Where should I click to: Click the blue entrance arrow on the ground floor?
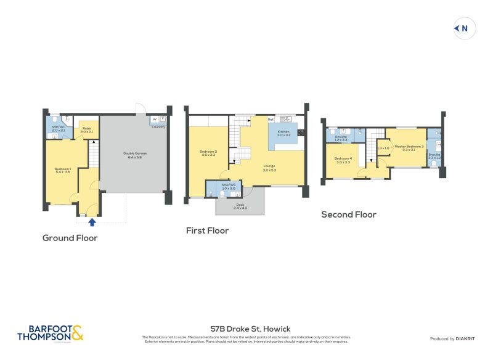92,222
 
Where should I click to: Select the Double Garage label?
135,155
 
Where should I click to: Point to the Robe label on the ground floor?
86,129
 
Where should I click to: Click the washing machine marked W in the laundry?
154,119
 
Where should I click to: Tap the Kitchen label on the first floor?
283,133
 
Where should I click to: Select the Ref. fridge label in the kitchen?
271,119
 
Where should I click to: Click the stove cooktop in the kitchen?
301,132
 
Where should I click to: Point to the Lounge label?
269,167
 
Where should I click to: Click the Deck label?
240,205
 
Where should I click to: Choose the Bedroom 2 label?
207,153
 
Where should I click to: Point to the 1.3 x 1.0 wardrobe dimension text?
383,148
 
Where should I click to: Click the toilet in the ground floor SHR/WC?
55,120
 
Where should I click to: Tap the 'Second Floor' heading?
348,215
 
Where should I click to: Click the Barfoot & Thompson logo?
50,333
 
